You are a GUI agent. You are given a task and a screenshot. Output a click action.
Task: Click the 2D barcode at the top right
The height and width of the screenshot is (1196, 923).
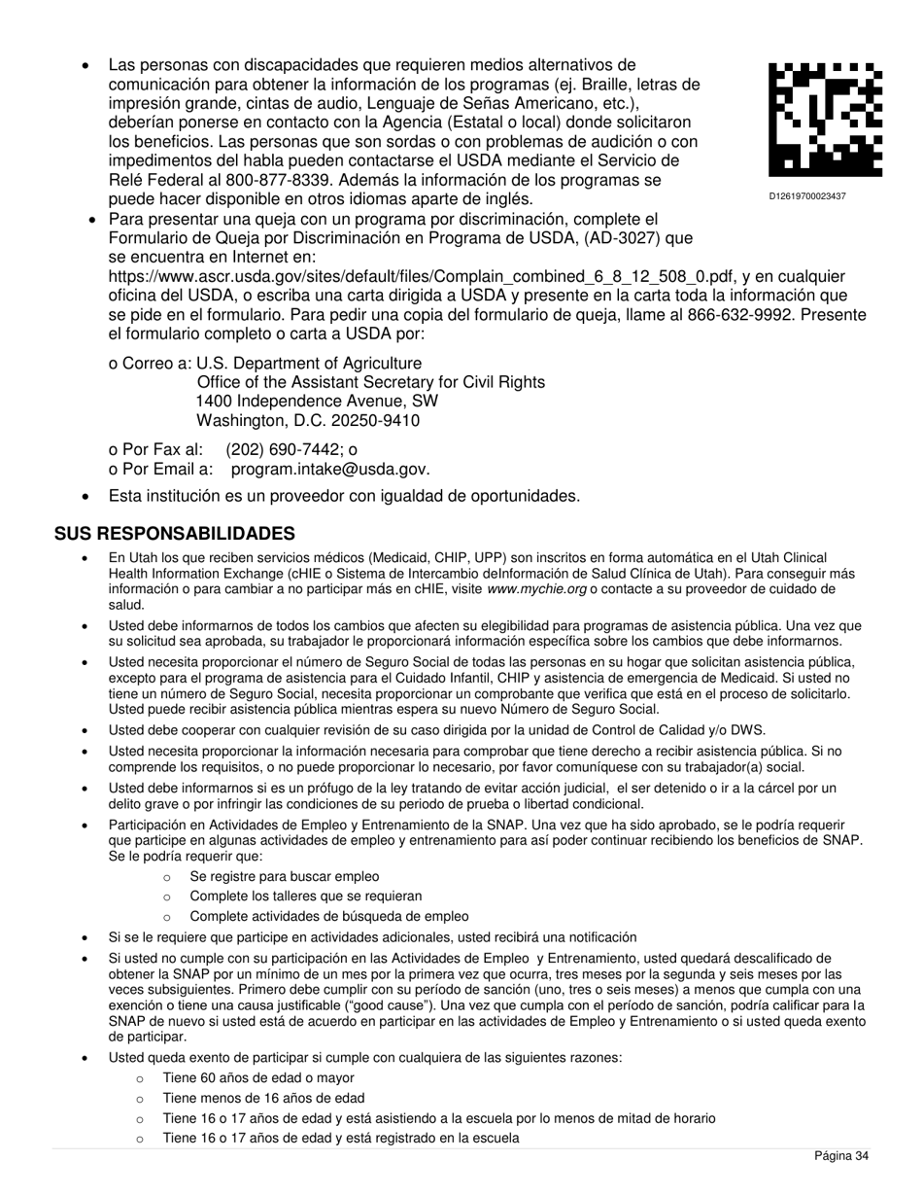point(825,120)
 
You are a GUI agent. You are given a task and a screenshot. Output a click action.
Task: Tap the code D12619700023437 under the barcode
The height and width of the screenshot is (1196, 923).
point(807,196)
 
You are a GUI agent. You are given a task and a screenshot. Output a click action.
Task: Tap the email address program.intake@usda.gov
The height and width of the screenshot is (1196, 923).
point(329,470)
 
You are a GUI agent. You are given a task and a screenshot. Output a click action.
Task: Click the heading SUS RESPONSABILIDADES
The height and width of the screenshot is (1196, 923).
point(174,534)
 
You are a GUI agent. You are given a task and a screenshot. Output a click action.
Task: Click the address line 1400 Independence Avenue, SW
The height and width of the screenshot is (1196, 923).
point(317,402)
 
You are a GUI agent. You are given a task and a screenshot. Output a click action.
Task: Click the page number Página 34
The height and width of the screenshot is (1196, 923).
point(840,1156)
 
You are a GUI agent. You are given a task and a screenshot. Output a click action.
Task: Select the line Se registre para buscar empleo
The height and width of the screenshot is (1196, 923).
point(284,877)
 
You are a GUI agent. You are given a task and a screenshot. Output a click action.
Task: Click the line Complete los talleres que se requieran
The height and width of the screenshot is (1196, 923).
point(305,897)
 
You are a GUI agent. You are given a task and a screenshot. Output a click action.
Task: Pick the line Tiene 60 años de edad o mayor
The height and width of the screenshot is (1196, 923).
point(257,1078)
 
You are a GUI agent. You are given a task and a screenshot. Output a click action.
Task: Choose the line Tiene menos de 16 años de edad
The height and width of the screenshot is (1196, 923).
point(263,1098)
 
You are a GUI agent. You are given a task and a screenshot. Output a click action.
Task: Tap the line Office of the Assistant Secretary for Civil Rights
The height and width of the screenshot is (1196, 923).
point(370,382)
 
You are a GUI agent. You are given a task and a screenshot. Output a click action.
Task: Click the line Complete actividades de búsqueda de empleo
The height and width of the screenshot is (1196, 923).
point(328,917)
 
